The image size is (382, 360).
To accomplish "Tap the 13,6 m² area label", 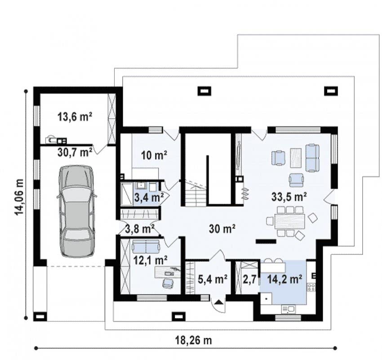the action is pyautogui.click(x=75, y=117).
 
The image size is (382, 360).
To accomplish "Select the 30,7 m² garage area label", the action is pyautogui.click(x=75, y=153).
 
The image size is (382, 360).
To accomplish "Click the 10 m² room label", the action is pyautogui.click(x=154, y=155).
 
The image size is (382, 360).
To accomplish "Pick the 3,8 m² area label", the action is pyautogui.click(x=140, y=229).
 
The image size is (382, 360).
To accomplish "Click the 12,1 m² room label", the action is pyautogui.click(x=150, y=260).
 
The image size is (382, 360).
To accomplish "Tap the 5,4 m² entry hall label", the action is pyautogui.click(x=213, y=279).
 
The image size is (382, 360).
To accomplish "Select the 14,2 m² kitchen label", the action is pyautogui.click(x=284, y=279).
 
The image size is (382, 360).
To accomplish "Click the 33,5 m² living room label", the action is pyautogui.click(x=289, y=197).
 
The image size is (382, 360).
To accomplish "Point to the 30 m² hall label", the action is pyautogui.click(x=222, y=229).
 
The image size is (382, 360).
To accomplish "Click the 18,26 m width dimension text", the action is pyautogui.click(x=194, y=340).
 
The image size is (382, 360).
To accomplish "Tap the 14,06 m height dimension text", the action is pyautogui.click(x=19, y=197).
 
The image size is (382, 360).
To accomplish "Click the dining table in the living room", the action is pyautogui.click(x=290, y=221).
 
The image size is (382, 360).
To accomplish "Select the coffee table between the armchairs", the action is pyautogui.click(x=296, y=158).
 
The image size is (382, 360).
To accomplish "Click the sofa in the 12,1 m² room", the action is pyautogui.click(x=146, y=246).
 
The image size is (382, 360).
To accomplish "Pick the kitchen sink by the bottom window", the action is pyautogui.click(x=288, y=309).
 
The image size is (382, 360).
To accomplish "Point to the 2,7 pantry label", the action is pyautogui.click(x=249, y=280).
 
